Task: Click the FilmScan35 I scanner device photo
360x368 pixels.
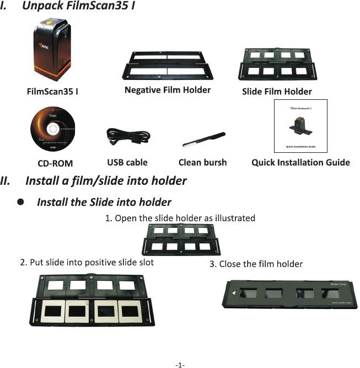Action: pyautogui.click(x=53, y=49)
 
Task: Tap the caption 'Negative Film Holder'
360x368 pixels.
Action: pyautogui.click(x=168, y=90)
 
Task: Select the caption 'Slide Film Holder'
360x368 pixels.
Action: pyautogui.click(x=277, y=92)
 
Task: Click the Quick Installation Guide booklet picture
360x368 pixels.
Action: pyautogui.click(x=300, y=126)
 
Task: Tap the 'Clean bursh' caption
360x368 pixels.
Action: pyautogui.click(x=202, y=162)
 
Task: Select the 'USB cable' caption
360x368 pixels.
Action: pyautogui.click(x=127, y=162)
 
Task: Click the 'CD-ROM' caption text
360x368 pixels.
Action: pyautogui.click(x=55, y=163)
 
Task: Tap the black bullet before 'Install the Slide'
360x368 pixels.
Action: pyautogui.click(x=20, y=202)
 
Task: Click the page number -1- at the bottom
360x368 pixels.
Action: pyautogui.click(x=180, y=365)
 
